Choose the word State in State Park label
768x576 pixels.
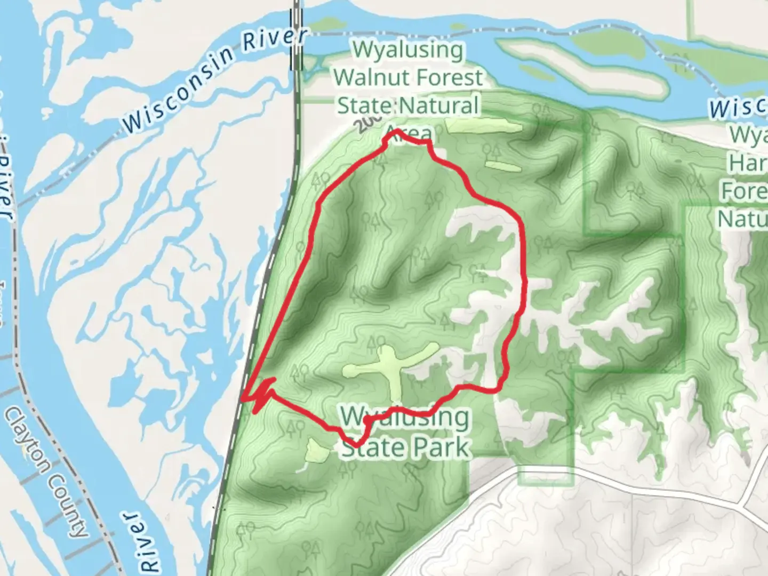pos(371,447)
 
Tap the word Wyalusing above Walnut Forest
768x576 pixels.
pos(408,50)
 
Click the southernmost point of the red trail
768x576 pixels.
pos(356,444)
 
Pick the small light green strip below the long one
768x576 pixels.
pos(503,166)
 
